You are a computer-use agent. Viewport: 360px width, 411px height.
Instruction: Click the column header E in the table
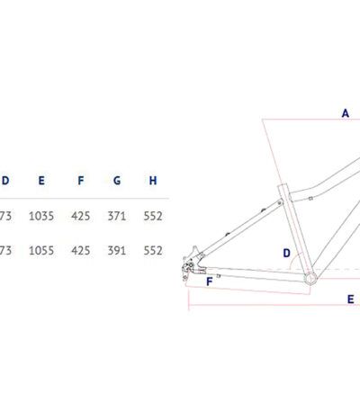pyautogui.click(x=41, y=181)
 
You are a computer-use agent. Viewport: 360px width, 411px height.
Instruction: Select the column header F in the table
pyautogui.click(x=80, y=181)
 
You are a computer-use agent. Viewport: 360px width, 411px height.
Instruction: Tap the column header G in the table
pyautogui.click(x=117, y=181)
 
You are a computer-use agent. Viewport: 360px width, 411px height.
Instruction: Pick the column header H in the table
pyautogui.click(x=153, y=181)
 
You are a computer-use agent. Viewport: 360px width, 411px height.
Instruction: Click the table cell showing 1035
pyautogui.click(x=41, y=216)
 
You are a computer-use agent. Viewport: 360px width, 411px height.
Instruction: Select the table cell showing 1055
pyautogui.click(x=41, y=250)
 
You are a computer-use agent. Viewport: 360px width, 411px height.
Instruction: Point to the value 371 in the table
pyautogui.click(x=117, y=216)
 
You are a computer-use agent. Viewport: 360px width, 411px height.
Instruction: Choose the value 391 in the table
pyautogui.click(x=117, y=250)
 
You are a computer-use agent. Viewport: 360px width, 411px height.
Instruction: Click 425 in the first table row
pyautogui.click(x=81, y=216)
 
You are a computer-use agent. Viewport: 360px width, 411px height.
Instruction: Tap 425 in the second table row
pyautogui.click(x=81, y=250)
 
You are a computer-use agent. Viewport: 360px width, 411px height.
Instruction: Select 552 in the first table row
pyautogui.click(x=153, y=216)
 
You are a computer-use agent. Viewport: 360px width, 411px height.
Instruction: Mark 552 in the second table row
pyautogui.click(x=153, y=250)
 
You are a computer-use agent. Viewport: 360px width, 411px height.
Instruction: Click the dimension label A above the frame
pyautogui.click(x=346, y=113)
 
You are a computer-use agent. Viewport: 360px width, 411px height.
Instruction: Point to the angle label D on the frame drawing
pyautogui.click(x=287, y=253)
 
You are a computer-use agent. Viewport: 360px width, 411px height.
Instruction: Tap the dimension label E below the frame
pyautogui.click(x=350, y=299)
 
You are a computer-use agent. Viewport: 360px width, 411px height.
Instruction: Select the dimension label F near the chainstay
pyautogui.click(x=210, y=281)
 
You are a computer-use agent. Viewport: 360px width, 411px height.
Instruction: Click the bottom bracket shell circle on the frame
pyautogui.click(x=310, y=279)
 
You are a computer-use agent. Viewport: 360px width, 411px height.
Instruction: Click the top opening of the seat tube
pyautogui.click(x=283, y=186)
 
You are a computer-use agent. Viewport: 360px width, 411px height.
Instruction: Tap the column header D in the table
pyautogui.click(x=5, y=181)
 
